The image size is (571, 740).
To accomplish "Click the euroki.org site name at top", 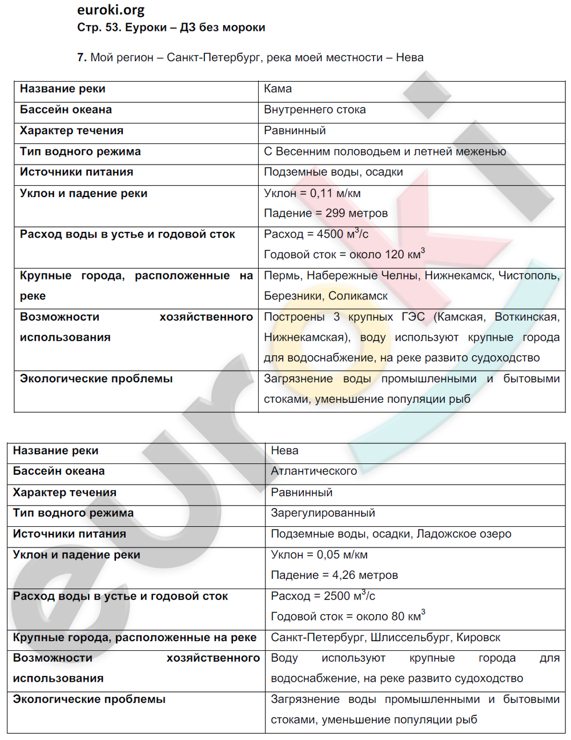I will (111, 10).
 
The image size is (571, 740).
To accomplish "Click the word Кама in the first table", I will (278, 89).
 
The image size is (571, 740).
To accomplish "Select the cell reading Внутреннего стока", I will (315, 110).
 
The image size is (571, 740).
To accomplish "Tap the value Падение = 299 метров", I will (325, 213).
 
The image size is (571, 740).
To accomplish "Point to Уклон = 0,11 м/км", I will (312, 193).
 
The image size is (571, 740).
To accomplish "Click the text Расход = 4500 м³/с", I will (316, 234).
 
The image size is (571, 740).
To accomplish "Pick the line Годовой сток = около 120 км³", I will (344, 254).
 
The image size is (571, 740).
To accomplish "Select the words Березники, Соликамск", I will (325, 296).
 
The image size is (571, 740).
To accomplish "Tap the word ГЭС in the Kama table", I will (413, 317).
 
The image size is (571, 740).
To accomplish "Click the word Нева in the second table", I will (284, 450).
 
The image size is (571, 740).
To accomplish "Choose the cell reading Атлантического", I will (313, 471).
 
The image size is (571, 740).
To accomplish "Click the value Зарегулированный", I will (323, 513).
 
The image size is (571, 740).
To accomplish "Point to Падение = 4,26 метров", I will (334, 575).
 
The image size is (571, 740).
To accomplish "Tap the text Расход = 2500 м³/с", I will (323, 596).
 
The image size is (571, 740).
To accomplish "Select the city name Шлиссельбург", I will (410, 637).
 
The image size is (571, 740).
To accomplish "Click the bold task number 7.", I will (82, 58).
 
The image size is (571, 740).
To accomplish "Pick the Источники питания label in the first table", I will (77, 172).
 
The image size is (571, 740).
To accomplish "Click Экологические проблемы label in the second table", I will (89, 699).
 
